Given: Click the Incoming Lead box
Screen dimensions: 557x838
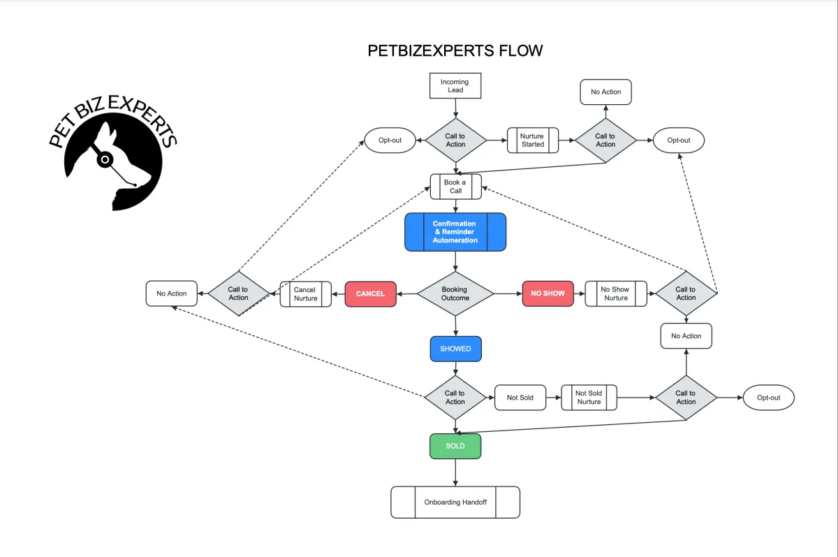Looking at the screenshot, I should [455, 86].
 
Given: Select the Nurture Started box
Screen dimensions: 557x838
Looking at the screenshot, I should [533, 140].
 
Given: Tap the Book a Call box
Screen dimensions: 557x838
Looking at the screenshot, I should [456, 187].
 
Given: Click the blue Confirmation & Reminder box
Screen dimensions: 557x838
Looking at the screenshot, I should [455, 232].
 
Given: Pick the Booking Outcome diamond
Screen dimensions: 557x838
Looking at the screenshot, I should [455, 294].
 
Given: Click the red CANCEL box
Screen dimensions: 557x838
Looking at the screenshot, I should [370, 294].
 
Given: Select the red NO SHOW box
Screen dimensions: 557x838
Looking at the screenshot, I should [547, 294].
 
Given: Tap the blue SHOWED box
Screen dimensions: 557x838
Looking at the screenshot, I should [455, 349].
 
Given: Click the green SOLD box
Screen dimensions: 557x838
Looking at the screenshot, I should [455, 446].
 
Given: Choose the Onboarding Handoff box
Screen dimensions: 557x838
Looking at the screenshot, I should [455, 502].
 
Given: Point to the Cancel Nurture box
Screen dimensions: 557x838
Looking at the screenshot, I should [305, 294].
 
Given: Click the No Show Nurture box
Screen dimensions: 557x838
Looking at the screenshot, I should [615, 294].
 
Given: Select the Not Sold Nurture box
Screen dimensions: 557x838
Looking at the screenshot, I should [589, 398].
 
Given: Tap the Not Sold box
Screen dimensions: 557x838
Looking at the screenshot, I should [520, 398].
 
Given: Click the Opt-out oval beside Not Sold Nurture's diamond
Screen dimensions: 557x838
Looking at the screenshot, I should [768, 398].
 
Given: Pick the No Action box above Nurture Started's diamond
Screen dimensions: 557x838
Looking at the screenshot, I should [605, 92].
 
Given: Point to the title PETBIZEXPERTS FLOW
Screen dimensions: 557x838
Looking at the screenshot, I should [455, 51].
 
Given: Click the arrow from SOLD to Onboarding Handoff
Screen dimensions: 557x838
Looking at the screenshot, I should [455, 472].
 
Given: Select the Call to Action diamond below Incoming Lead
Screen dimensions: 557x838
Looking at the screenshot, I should [455, 140].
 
